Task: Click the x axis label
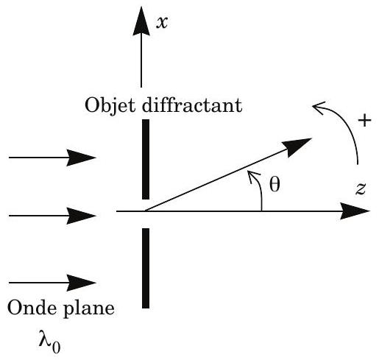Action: coord(162,24)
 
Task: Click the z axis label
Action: coord(361,189)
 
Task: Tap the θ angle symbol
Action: coord(274,184)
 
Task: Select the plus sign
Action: coord(364,120)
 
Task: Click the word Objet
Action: coord(110,105)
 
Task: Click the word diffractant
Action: coord(192,105)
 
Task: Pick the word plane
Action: coord(89,308)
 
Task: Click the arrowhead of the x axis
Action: coord(141,21)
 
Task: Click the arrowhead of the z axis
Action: coord(355,211)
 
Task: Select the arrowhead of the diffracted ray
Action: coord(298,147)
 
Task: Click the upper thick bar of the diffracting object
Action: coord(146,159)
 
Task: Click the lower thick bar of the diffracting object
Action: coord(146,268)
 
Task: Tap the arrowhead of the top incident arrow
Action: coord(81,158)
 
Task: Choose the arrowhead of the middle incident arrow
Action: coord(81,216)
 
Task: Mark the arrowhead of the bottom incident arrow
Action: coord(81,283)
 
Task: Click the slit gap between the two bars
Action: coord(146,213)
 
